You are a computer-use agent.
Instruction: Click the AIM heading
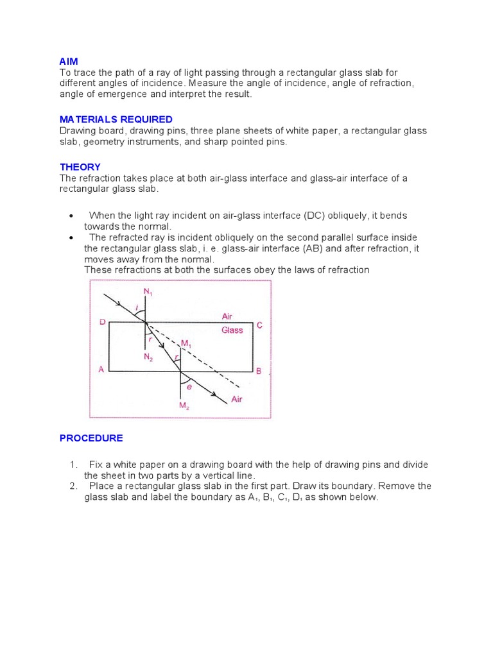tap(69, 61)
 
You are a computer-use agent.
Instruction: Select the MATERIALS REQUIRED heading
tap(116, 119)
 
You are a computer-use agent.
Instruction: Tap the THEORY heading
tap(80, 167)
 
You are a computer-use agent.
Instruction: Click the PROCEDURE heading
tap(91, 438)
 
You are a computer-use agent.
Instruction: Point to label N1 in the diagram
tap(148, 292)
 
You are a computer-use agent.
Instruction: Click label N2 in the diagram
tap(148, 357)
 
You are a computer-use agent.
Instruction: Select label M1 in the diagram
tap(186, 344)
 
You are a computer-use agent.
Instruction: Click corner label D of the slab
tap(102, 322)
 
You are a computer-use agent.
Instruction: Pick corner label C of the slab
tap(259, 325)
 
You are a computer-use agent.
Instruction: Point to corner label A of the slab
tap(101, 370)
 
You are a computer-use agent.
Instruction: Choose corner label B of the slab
tap(258, 371)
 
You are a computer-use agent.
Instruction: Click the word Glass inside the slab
tap(232, 330)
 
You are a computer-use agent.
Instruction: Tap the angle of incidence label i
tap(135, 309)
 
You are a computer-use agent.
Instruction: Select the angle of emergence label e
tap(189, 386)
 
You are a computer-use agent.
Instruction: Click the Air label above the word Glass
tap(227, 316)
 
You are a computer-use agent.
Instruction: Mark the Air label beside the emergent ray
tap(237, 398)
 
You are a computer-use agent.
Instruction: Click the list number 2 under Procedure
tap(73, 486)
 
